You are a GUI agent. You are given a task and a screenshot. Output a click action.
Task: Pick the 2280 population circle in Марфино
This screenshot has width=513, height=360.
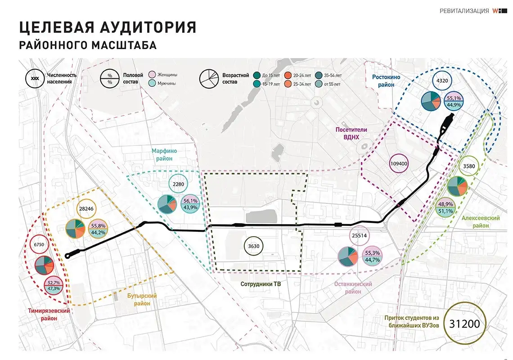click(179, 184)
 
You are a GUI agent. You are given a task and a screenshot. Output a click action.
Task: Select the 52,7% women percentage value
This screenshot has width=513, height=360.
click(54, 283)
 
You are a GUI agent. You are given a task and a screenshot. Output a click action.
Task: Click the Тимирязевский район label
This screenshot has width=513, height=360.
click(43, 314)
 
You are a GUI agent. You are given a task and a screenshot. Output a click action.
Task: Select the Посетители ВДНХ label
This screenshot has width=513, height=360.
click(351, 133)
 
